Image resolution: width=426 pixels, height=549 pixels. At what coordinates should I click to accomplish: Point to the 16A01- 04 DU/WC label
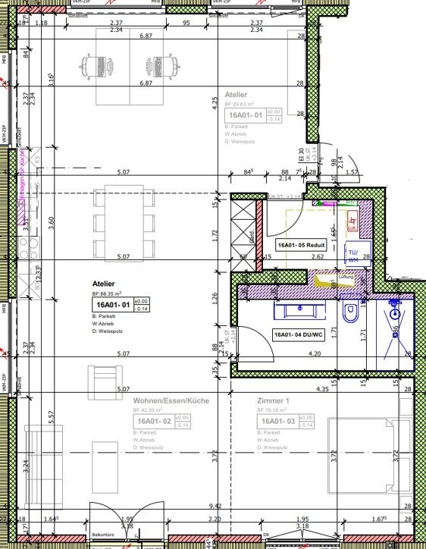299,334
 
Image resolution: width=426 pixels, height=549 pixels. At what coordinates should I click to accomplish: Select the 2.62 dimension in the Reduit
296,258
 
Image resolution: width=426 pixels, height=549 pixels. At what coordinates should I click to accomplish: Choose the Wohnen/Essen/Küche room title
167,399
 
